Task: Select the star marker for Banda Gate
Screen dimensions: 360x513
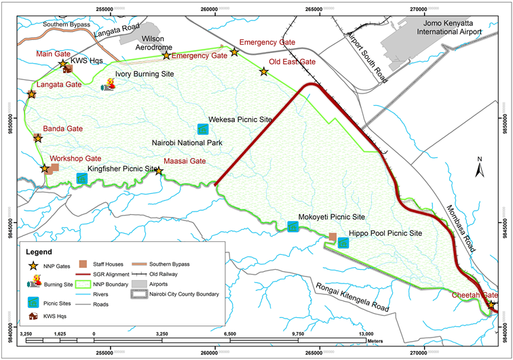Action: tap(38, 138)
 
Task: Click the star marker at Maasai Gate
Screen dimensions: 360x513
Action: tap(159, 171)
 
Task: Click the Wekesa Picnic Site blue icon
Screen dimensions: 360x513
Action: tap(202, 129)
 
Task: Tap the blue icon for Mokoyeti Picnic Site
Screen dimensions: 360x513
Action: tap(292, 227)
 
